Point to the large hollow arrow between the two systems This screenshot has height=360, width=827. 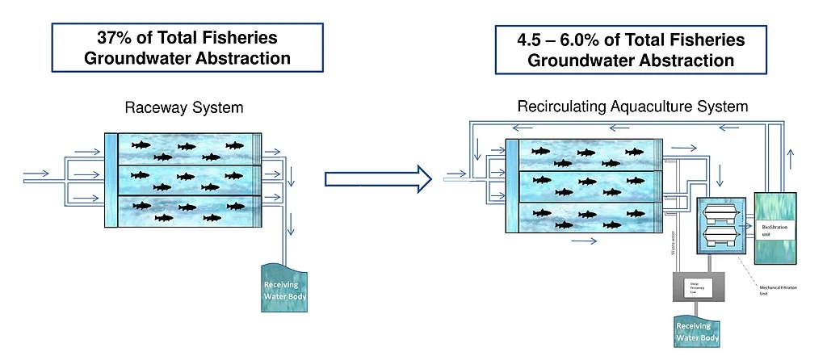click(377, 179)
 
